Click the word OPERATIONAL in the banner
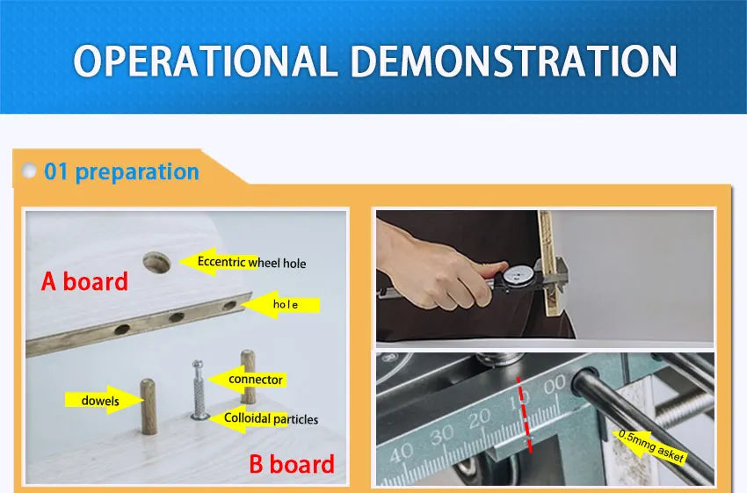pos(202,61)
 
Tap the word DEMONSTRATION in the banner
pos(513,61)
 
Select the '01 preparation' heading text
pos(121,172)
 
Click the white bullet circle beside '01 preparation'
pos(29,170)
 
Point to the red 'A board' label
pos(84,281)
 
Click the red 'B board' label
pos(292,464)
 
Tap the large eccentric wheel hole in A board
pos(156,263)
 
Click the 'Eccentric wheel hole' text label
pos(251,263)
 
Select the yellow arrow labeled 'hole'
pos(282,304)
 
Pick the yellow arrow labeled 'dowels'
pos(104,400)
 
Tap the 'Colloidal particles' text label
pos(271,418)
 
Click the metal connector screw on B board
pos(199,390)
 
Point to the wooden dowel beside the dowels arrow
pos(149,406)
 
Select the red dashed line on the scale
pos(524,414)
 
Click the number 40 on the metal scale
pos(401,453)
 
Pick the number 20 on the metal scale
pos(478,419)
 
